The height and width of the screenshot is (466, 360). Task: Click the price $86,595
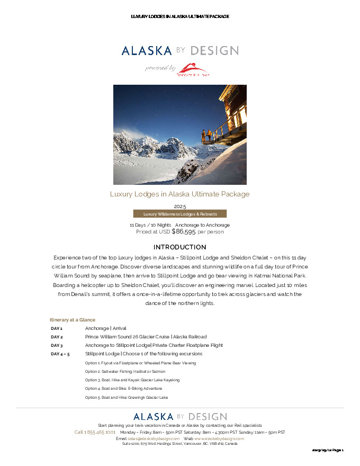184,231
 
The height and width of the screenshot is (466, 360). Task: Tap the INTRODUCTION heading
180,247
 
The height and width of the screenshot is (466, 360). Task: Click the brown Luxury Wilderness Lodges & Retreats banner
179,214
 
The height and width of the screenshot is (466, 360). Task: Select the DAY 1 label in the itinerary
57,328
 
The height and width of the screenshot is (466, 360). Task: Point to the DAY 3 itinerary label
57,345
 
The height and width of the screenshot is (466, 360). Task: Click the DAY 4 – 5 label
60,354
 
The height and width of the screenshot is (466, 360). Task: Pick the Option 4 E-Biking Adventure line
123,388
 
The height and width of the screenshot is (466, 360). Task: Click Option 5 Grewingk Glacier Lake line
127,397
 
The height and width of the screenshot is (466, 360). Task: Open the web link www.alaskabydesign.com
219,438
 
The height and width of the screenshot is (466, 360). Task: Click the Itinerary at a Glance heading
73,320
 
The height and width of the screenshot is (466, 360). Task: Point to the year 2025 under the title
180,207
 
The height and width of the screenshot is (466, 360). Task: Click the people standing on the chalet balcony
209,135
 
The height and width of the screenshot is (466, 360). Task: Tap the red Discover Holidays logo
193,69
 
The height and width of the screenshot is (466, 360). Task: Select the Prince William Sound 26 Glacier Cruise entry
146,337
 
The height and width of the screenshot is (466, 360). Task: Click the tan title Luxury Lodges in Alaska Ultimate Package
180,194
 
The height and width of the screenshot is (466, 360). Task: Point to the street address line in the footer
180,444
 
